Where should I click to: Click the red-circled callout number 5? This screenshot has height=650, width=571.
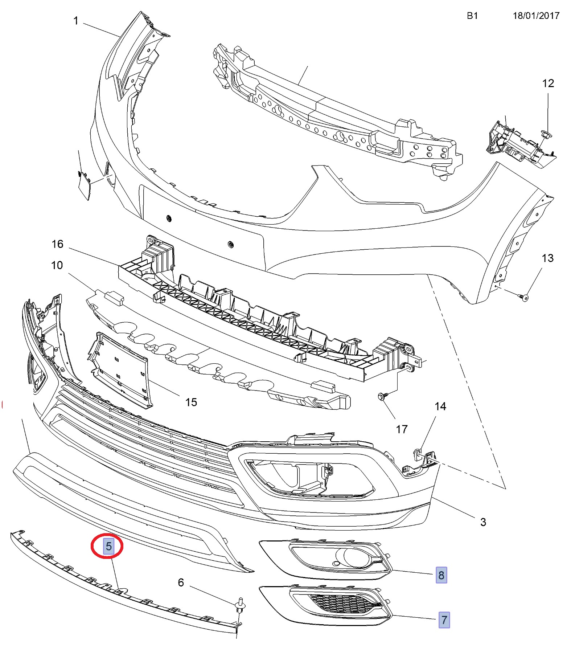pyautogui.click(x=108, y=546)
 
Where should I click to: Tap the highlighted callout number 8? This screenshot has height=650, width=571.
pyautogui.click(x=441, y=575)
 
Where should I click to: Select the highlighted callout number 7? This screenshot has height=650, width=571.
pyautogui.click(x=444, y=620)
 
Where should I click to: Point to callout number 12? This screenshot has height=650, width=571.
pyautogui.click(x=548, y=83)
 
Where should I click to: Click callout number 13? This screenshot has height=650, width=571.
pyautogui.click(x=547, y=258)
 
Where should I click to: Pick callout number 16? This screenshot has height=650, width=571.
pyautogui.click(x=57, y=244)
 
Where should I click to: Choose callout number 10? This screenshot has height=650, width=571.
pyautogui.click(x=57, y=265)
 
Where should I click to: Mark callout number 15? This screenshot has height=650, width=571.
pyautogui.click(x=191, y=402)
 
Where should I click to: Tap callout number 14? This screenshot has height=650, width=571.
pyautogui.click(x=440, y=406)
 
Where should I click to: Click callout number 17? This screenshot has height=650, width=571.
pyautogui.click(x=402, y=429)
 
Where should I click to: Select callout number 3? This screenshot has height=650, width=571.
pyautogui.click(x=483, y=522)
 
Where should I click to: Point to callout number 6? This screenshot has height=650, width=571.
pyautogui.click(x=181, y=582)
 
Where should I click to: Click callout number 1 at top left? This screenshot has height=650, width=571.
pyautogui.click(x=76, y=21)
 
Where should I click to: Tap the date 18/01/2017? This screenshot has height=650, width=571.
pyautogui.click(x=536, y=16)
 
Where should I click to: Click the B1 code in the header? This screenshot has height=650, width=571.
pyautogui.click(x=472, y=16)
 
